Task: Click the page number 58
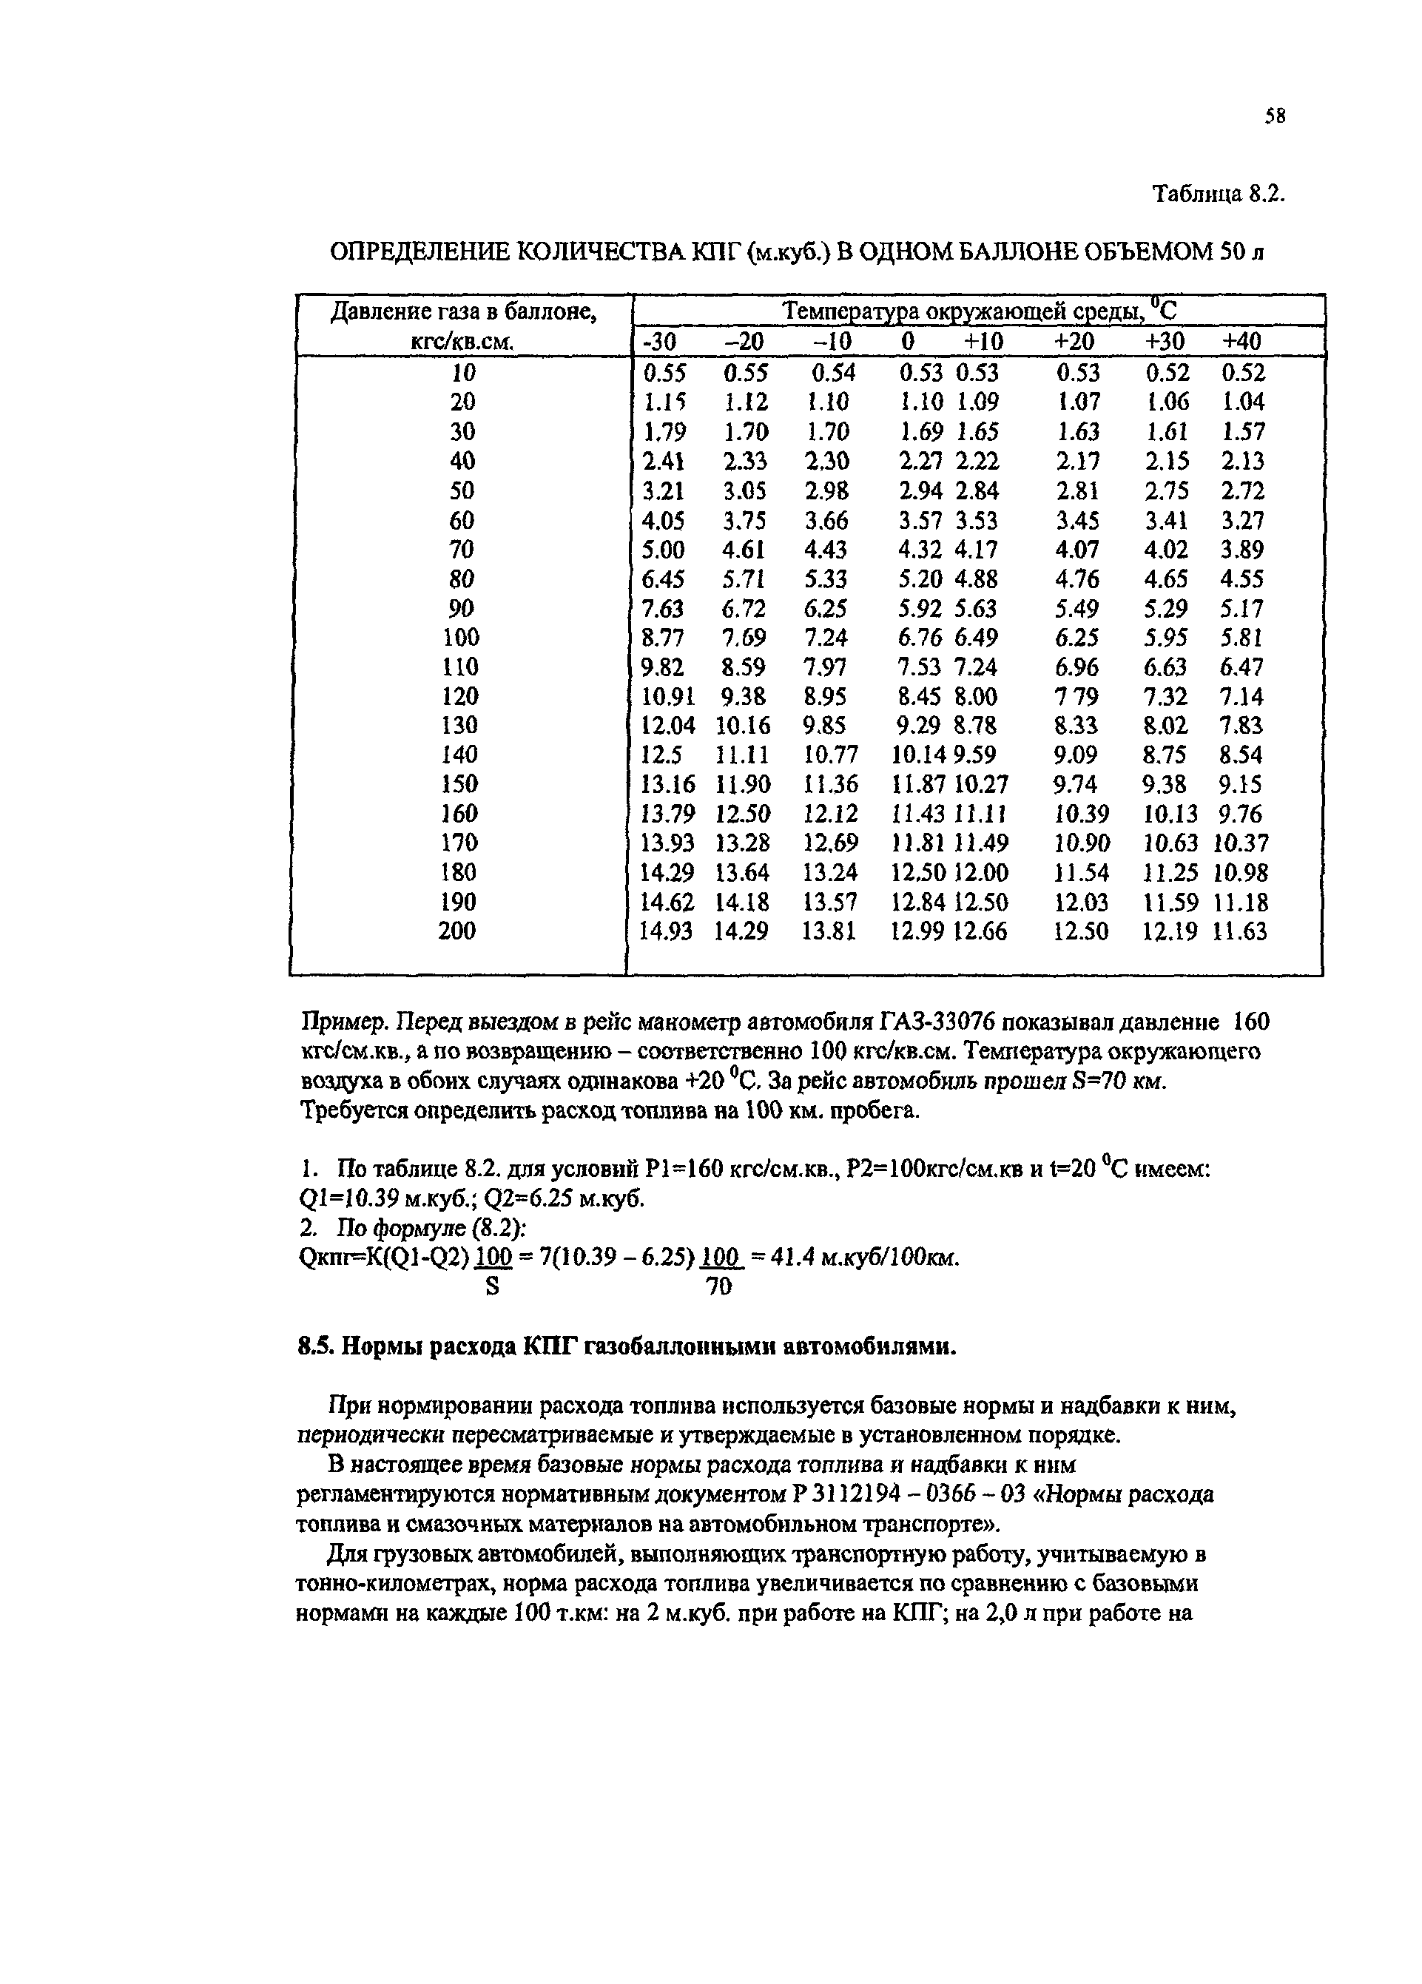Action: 1274,116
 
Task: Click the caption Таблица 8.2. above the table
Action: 1217,193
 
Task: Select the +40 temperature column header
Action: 1240,341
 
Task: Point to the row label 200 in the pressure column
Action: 456,931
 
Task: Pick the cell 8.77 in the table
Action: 664,638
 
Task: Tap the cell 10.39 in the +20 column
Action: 1082,814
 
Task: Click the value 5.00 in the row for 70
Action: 664,550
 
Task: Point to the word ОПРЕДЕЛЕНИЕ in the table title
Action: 414,253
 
